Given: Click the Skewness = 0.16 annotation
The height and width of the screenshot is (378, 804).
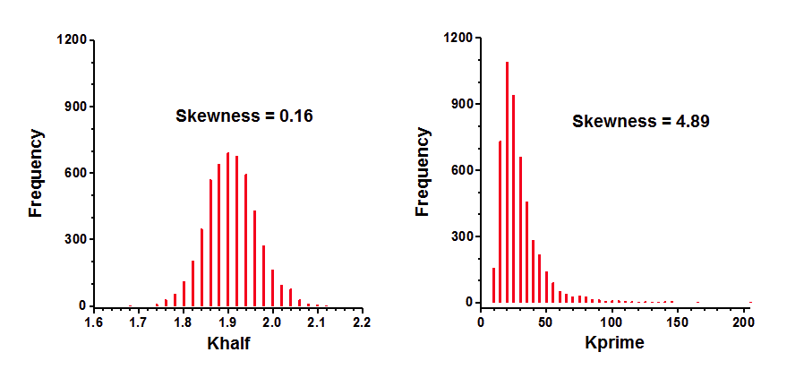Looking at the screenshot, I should point(244,116).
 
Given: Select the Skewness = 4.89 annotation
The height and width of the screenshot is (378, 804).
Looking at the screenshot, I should point(641,121).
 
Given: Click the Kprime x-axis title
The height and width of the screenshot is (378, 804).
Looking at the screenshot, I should point(615,343).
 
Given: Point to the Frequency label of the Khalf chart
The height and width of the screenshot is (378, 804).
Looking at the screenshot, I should point(37,173).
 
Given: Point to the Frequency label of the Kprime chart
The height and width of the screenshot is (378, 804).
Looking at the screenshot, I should point(423,171).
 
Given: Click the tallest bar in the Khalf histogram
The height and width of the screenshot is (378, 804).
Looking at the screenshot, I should point(228,228).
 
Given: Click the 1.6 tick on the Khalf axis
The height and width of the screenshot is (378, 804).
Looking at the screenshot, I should point(93,322).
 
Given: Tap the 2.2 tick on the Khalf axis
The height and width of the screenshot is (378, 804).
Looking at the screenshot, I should point(362,322).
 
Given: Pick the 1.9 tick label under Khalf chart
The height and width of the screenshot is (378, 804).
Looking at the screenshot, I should point(227,322).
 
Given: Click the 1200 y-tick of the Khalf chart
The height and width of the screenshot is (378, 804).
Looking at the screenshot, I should point(71,40).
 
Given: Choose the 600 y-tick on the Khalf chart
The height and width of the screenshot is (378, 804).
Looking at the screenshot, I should point(74,173).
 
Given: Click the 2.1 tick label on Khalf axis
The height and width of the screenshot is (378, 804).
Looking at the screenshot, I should point(317,322).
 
